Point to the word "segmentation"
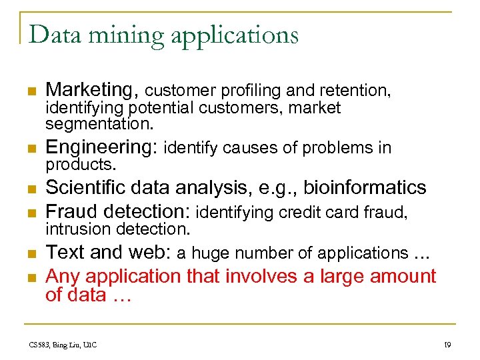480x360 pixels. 98,125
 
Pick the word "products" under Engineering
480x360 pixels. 79,163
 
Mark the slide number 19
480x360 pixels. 447,344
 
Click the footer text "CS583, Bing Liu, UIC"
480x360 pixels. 63,344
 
